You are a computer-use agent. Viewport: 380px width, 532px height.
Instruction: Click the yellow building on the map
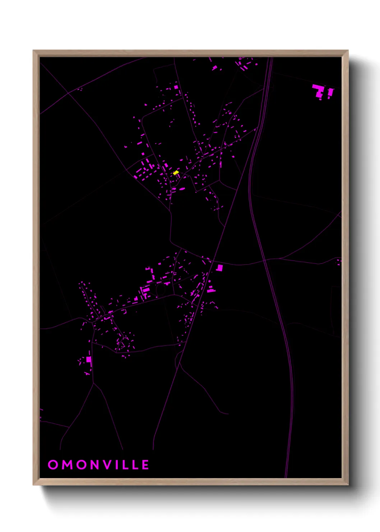(x=176, y=173)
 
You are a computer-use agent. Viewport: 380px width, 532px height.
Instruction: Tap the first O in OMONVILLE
(x=53, y=464)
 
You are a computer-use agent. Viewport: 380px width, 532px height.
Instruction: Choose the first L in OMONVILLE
(x=124, y=464)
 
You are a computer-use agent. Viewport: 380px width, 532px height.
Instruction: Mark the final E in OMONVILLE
(x=145, y=464)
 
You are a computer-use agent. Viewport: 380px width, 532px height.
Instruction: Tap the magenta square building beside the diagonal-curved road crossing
(x=220, y=268)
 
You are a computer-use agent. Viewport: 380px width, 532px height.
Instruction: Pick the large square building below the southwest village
(x=89, y=359)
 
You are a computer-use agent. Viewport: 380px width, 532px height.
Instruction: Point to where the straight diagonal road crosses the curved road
(x=213, y=261)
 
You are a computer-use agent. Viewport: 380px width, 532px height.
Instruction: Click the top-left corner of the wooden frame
(x=34, y=51)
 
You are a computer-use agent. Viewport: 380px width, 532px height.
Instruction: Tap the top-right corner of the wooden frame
(x=347, y=51)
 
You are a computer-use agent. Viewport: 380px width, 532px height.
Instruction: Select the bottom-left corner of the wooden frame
(x=34, y=484)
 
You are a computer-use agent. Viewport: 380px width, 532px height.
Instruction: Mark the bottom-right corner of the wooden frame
(x=347, y=484)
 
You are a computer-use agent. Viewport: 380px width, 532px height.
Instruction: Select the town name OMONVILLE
(x=98, y=464)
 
